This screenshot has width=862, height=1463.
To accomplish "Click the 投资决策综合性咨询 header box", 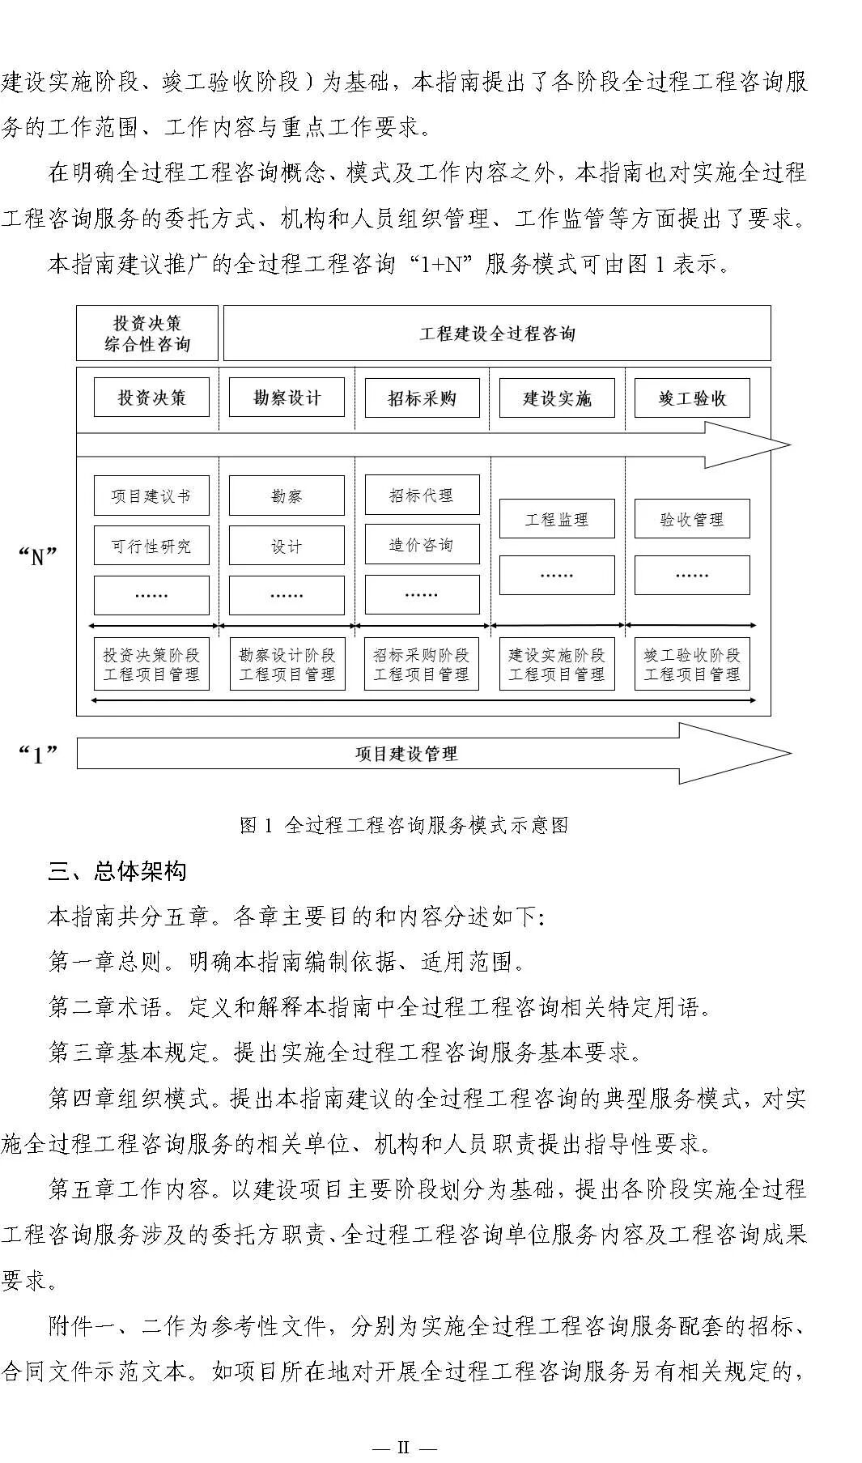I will pos(147,333).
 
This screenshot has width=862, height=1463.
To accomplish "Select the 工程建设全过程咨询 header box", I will pos(496,333).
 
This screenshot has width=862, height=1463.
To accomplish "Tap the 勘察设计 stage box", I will pos(287,398).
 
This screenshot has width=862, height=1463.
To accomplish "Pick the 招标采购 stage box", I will pos(422,398).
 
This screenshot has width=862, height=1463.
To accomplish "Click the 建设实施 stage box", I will pos(557,398).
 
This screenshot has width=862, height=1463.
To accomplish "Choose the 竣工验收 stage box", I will pos(692,398).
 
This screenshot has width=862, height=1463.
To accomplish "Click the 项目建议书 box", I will pos(151,495).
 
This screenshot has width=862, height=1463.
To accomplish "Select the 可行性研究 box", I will pos(151,546).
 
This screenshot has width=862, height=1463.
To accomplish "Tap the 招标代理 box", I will pos(422,495).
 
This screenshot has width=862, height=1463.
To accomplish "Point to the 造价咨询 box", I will pos(422,545).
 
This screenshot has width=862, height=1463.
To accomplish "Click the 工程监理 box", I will pos(557,519).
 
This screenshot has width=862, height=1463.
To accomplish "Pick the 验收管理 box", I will pos(692,519).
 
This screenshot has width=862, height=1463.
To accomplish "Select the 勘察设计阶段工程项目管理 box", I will pos(287,664).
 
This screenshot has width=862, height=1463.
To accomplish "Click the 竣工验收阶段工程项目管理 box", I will pos(692,664).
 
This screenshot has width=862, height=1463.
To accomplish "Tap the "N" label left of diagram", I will pos(37,556).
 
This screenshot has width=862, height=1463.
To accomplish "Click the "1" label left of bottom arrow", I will pos(37,755).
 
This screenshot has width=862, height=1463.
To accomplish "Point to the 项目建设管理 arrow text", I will pos(406,754).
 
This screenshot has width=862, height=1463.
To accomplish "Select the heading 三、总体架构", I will pos(117,871).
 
